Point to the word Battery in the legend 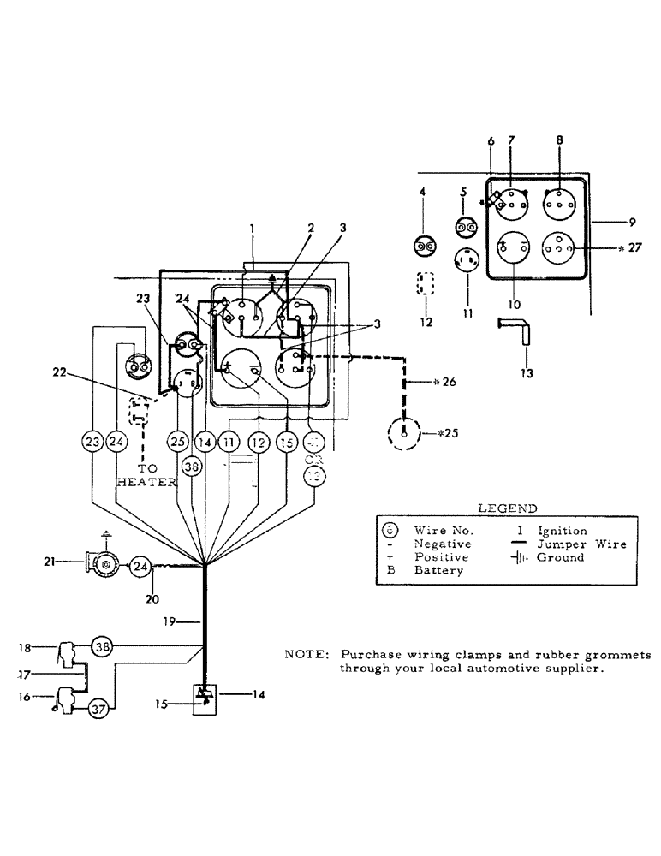coord(438,570)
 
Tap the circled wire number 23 coord(92,442)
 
